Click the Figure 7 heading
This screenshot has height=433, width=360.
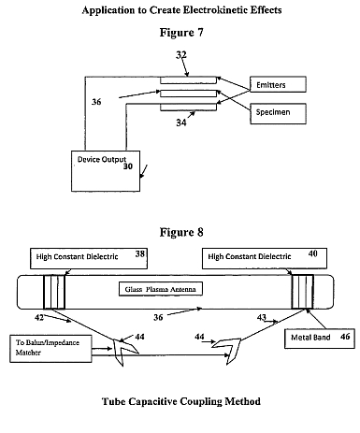click(x=181, y=33)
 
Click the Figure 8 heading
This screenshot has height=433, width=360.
click(x=181, y=232)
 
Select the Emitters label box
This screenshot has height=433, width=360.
click(x=278, y=84)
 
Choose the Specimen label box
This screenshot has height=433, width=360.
click(x=278, y=114)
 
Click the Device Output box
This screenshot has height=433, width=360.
click(x=106, y=171)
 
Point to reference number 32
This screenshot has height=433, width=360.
click(x=181, y=55)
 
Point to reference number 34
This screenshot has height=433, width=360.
click(x=181, y=123)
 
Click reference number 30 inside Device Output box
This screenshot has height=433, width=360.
click(x=128, y=166)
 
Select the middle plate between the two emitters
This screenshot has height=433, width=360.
click(x=188, y=94)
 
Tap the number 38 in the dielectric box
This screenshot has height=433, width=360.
click(x=140, y=253)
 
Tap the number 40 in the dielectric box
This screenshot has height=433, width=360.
click(x=312, y=253)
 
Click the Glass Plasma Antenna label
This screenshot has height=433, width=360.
click(x=161, y=289)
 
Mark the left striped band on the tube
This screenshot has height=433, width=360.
click(x=54, y=292)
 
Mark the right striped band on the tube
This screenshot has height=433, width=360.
click(x=302, y=292)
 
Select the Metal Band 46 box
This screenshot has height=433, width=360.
click(x=320, y=339)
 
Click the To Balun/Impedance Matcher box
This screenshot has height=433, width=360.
click(x=50, y=349)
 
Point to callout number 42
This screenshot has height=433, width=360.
click(x=39, y=318)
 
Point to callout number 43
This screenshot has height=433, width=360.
click(x=261, y=317)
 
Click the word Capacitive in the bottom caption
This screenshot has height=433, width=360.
click(x=153, y=401)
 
